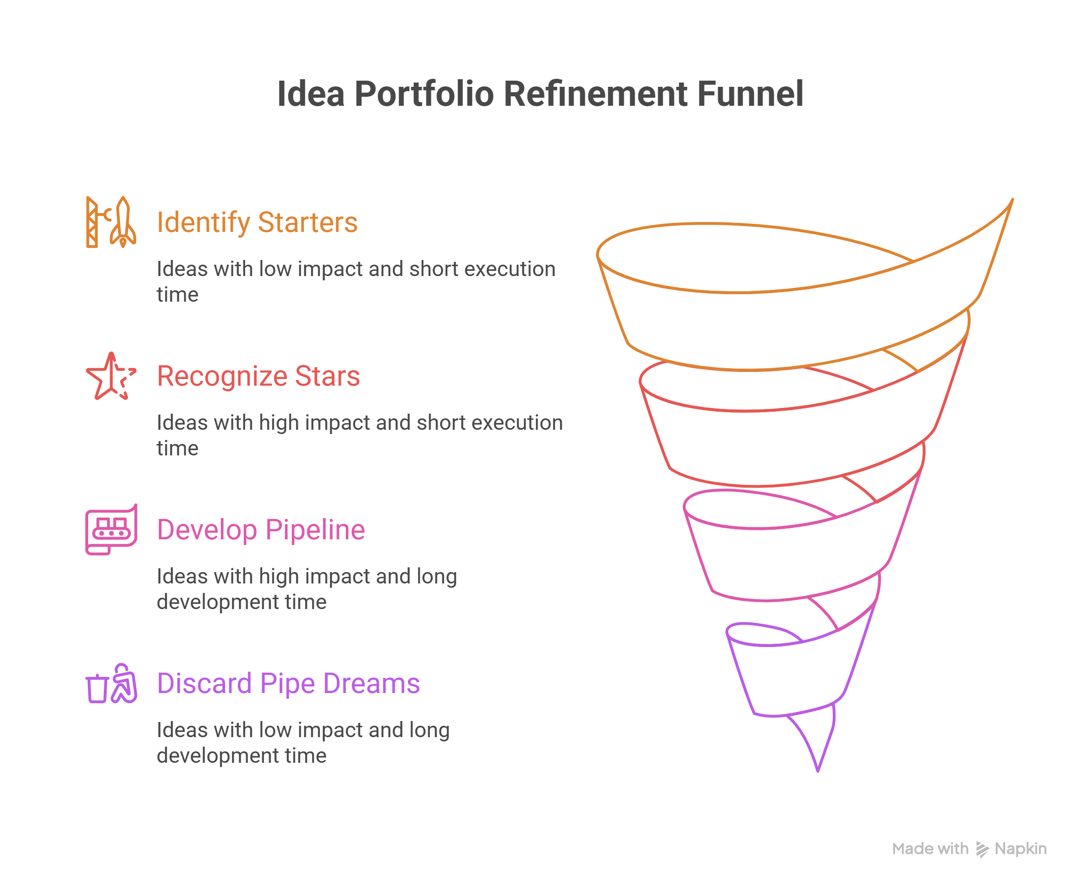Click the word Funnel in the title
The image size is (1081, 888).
click(750, 94)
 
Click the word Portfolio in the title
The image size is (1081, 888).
click(424, 94)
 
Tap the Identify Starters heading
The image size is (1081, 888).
click(257, 222)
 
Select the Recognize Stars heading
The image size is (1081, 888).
click(258, 376)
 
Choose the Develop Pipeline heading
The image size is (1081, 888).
click(261, 529)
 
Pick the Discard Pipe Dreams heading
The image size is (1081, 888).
click(288, 684)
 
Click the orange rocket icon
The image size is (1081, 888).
click(111, 222)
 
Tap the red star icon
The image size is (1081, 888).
click(111, 376)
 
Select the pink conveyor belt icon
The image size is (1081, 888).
click(111, 529)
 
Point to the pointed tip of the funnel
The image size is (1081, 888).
click(818, 771)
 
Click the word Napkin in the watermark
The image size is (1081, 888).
click(1020, 849)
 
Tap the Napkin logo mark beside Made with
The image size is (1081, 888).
click(982, 849)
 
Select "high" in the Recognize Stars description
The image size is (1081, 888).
click(279, 423)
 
